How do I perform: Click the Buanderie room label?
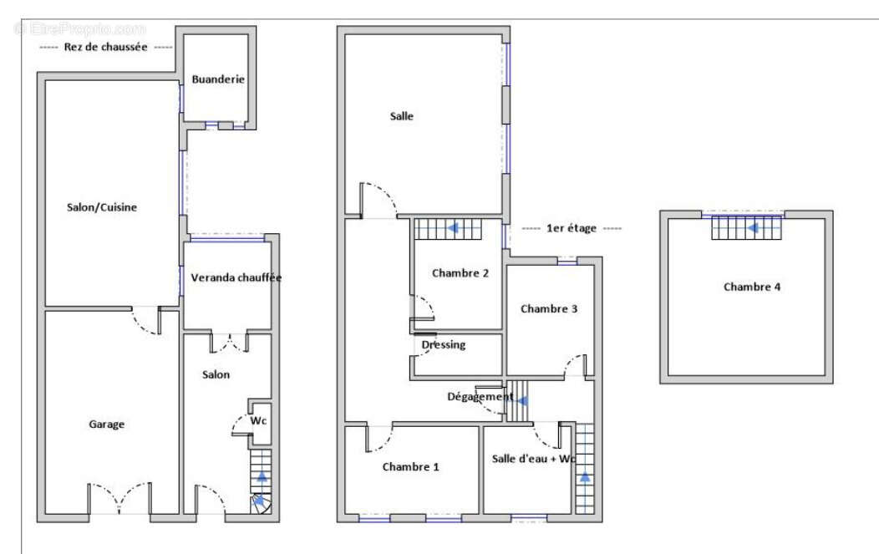pyautogui.click(x=218, y=79)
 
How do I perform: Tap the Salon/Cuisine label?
pyautogui.click(x=101, y=207)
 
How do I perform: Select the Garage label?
pyautogui.click(x=106, y=424)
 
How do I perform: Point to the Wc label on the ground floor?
pyautogui.click(x=258, y=420)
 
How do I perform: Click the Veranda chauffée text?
pyautogui.click(x=236, y=277)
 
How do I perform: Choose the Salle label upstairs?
pyautogui.click(x=401, y=116)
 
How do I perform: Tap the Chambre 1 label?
pyautogui.click(x=410, y=466)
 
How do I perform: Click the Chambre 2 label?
pyautogui.click(x=460, y=273)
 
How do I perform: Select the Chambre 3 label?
pyautogui.click(x=549, y=309)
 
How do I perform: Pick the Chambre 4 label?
pyautogui.click(x=752, y=287)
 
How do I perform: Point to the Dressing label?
pyautogui.click(x=444, y=345)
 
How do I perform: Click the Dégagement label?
pyautogui.click(x=480, y=397)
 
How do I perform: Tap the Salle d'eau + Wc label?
pyautogui.click(x=534, y=459)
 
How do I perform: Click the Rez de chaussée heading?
pyautogui.click(x=105, y=47)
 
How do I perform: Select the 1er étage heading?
pyautogui.click(x=572, y=228)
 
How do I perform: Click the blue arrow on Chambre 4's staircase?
pyautogui.click(x=752, y=228)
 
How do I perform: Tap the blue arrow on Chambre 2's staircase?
pyautogui.click(x=452, y=228)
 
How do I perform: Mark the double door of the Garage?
pyautogui.click(x=119, y=498)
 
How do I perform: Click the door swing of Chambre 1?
pyautogui.click(x=379, y=439)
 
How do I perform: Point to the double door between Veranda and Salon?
pyautogui.click(x=229, y=343)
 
